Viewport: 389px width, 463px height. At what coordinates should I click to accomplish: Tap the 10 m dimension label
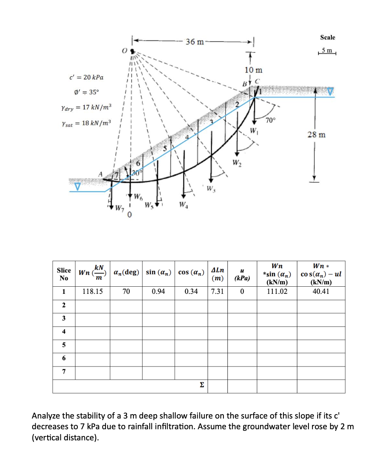pos(253,70)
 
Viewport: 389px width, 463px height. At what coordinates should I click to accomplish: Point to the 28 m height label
pos(316,135)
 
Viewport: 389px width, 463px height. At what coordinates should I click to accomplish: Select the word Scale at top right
pos(327,37)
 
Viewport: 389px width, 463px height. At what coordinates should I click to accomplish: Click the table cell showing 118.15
pos(92,291)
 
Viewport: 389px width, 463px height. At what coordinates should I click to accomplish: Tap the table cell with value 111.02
pos(277,291)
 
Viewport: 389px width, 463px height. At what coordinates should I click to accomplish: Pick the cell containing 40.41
pos(321,291)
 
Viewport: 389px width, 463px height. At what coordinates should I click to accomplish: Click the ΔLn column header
pos(217,274)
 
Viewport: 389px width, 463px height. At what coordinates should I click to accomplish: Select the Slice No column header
pos(64,274)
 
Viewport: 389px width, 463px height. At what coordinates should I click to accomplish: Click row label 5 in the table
pos(64,345)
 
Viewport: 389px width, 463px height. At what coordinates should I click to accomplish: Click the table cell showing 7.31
pos(217,291)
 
